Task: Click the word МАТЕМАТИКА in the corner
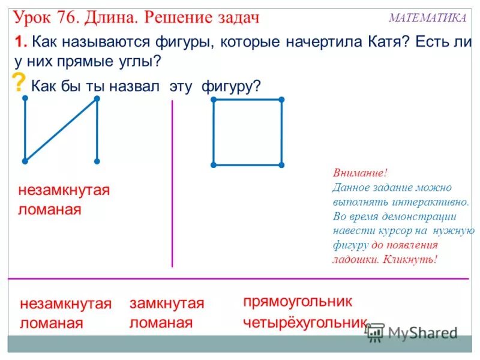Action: point(427,18)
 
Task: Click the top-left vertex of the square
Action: point(214,99)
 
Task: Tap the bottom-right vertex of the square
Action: point(281,164)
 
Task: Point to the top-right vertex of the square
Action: point(281,99)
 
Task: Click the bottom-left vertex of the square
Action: point(214,164)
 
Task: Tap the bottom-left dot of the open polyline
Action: point(25,161)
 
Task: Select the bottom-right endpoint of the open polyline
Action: point(97,161)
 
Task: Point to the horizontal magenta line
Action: point(240,278)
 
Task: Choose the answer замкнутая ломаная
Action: point(166,313)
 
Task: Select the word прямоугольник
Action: point(298,301)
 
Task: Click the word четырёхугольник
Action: point(304,323)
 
